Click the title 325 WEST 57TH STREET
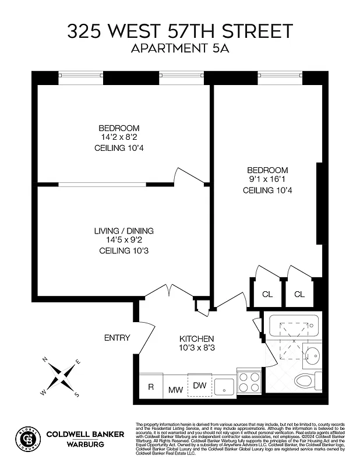(x=180, y=31)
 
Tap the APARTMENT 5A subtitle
(x=180, y=49)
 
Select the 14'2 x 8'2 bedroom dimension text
(x=118, y=137)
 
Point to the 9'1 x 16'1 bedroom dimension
(x=267, y=180)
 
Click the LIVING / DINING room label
(x=123, y=231)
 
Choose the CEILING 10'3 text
(x=123, y=250)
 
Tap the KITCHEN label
(x=196, y=338)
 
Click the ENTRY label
(x=117, y=338)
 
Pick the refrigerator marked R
(x=151, y=387)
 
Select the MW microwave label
(x=175, y=389)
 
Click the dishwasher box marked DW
(x=200, y=385)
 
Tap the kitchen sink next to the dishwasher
(x=224, y=386)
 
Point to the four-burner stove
(x=250, y=384)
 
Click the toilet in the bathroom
(x=306, y=382)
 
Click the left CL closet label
(x=267, y=294)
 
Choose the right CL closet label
(x=299, y=294)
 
